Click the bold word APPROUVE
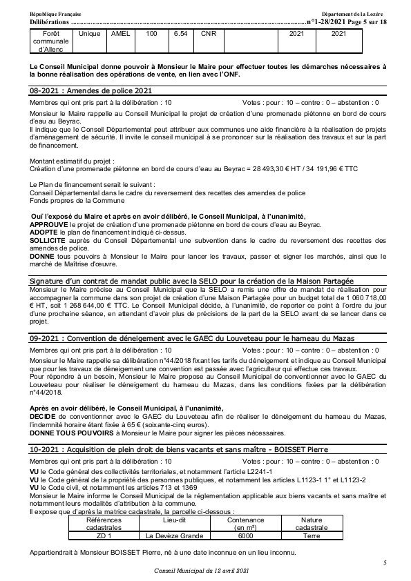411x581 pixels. (49, 225)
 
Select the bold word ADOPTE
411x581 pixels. (44, 233)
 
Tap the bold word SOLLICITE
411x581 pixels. (48, 242)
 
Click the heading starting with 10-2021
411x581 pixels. (171, 450)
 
